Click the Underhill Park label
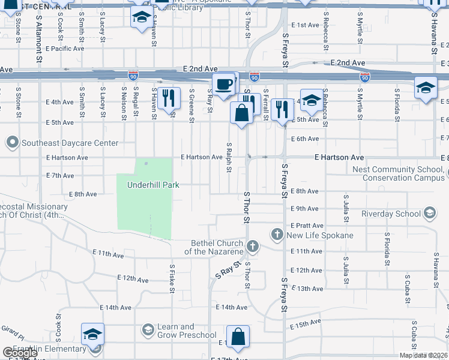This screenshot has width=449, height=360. pos(153,185)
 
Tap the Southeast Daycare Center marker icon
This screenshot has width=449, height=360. pos(13,143)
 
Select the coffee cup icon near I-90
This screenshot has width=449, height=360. pos(224,84)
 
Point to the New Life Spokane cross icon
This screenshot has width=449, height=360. pos(277,234)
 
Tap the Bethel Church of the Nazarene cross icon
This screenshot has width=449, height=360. pos(253,246)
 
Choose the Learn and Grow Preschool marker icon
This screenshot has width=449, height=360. pos(148,330)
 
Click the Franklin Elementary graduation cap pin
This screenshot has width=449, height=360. pos(93,335)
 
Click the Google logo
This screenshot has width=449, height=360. pos(20,352)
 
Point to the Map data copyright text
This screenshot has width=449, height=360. pos(423,355)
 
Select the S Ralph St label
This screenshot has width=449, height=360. pos(229,157)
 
